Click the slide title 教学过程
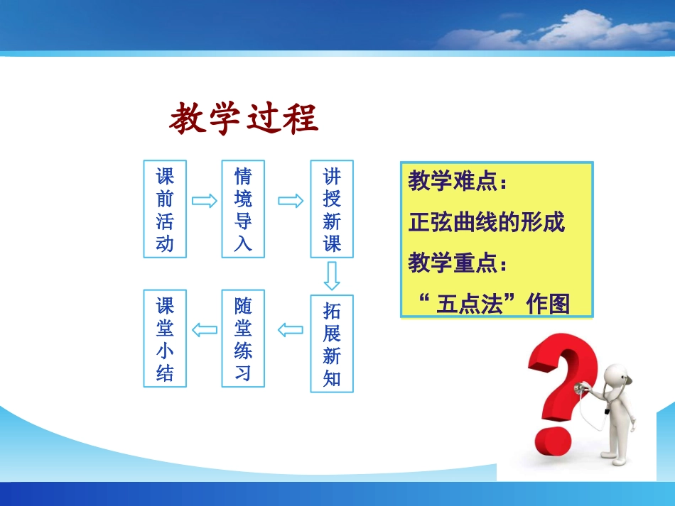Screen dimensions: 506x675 [244, 119]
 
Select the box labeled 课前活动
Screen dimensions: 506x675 [165, 209]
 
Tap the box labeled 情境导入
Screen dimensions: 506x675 [243, 209]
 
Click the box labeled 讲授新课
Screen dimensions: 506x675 [332, 209]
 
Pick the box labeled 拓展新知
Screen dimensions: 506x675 [332, 343]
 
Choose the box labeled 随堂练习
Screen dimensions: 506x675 [243, 338]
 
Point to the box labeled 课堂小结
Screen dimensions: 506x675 [165, 338]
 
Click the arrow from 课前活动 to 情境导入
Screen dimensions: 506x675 [205, 201]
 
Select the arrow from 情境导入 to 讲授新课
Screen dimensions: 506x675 [290, 201]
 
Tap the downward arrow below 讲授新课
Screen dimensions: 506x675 [332, 275]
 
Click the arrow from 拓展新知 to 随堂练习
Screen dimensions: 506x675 [290, 329]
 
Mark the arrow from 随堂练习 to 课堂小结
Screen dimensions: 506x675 [205, 329]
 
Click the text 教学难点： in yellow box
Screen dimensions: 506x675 [458, 182]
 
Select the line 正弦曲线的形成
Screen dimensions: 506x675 [487, 223]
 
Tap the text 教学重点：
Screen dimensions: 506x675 [458, 264]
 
